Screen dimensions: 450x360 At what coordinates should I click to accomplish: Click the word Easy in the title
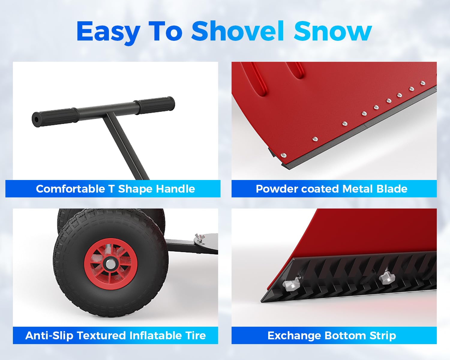108,32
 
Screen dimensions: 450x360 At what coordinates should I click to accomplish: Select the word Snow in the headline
333,31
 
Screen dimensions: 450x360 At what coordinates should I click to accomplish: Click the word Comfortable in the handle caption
70,189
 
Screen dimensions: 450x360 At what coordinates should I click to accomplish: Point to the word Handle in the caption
175,189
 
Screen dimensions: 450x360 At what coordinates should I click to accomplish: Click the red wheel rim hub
111,264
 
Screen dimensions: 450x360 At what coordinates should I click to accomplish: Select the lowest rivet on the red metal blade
283,155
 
